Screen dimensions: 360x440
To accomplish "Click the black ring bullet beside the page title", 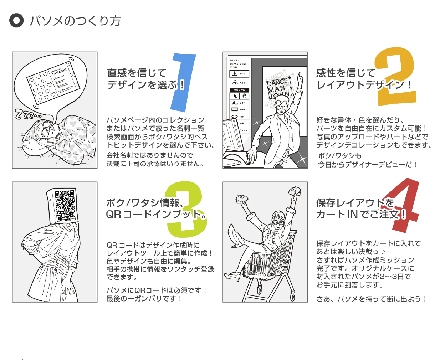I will (16, 20).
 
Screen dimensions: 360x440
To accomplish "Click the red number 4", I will (405, 205).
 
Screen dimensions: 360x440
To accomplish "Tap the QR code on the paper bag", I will (65, 205).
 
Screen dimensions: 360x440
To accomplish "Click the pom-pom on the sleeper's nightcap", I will (27, 144).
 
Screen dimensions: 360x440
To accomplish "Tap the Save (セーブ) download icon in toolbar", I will (235, 74).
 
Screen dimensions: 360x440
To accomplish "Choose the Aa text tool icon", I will (235, 103).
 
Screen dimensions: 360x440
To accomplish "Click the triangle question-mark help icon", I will (235, 83).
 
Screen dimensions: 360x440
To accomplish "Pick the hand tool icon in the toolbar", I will (244, 96).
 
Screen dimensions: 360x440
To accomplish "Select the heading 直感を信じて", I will (137, 73).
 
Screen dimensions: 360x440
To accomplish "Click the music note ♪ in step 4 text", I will (383, 252).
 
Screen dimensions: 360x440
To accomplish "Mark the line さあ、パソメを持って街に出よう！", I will (372, 299).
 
